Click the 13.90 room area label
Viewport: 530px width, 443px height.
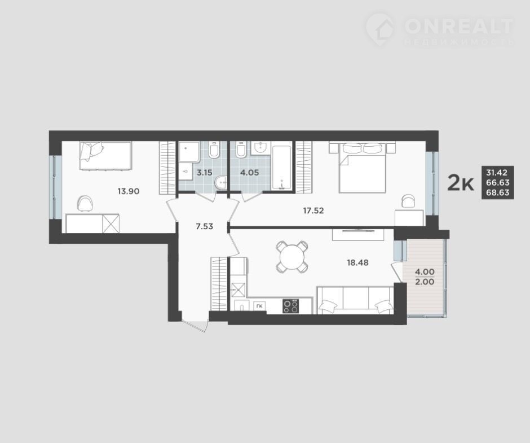pyautogui.click(x=129, y=191)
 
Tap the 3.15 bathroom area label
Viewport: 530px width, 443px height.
pyautogui.click(x=205, y=173)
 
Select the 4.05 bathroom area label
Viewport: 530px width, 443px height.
pyautogui.click(x=249, y=173)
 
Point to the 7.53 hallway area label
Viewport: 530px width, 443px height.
pyautogui.click(x=205, y=226)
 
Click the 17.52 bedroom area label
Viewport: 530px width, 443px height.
pyautogui.click(x=313, y=210)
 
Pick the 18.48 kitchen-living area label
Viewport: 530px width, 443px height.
pyautogui.click(x=357, y=262)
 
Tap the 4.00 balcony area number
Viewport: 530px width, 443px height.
pyautogui.click(x=425, y=272)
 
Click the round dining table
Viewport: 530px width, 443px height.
pyautogui.click(x=292, y=257)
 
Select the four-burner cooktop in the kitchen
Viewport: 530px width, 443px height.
pyautogui.click(x=291, y=306)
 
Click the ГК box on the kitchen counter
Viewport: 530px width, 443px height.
pyautogui.click(x=260, y=306)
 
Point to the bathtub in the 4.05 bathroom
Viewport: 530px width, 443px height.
pyautogui.click(x=281, y=168)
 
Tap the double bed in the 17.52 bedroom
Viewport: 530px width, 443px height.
pyautogui.click(x=363, y=168)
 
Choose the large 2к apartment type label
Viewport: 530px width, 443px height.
pyautogui.click(x=461, y=183)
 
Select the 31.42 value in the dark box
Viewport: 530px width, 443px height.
pyautogui.click(x=497, y=173)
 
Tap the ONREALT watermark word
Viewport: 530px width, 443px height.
pyautogui.click(x=458, y=26)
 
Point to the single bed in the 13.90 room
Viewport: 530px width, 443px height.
pyautogui.click(x=105, y=155)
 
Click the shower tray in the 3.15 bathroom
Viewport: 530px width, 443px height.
pyautogui.click(x=189, y=152)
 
